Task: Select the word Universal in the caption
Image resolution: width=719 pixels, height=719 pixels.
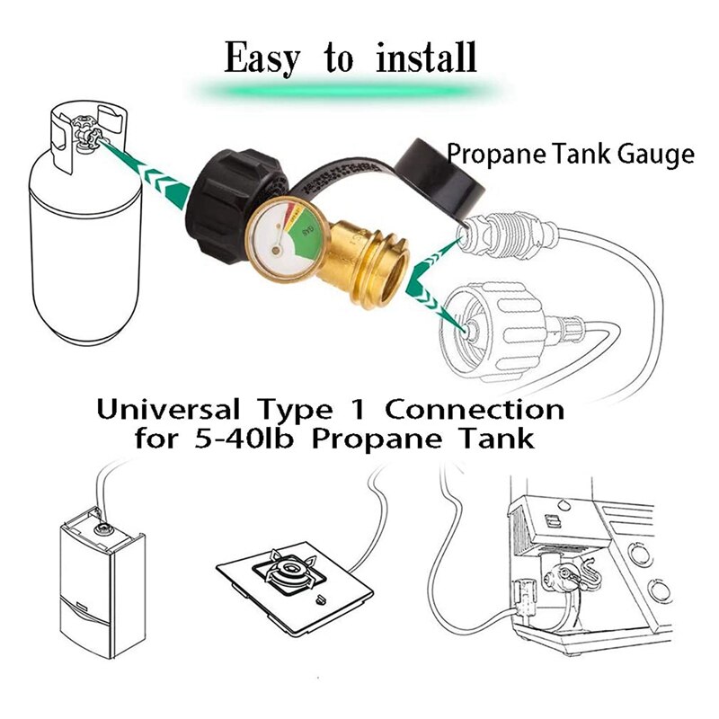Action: tap(169, 411)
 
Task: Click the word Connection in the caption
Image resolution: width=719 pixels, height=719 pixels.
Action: tap(475, 411)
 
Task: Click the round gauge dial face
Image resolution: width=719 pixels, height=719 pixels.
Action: tap(273, 238)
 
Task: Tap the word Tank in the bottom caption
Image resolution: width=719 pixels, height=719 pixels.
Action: tap(493, 440)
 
